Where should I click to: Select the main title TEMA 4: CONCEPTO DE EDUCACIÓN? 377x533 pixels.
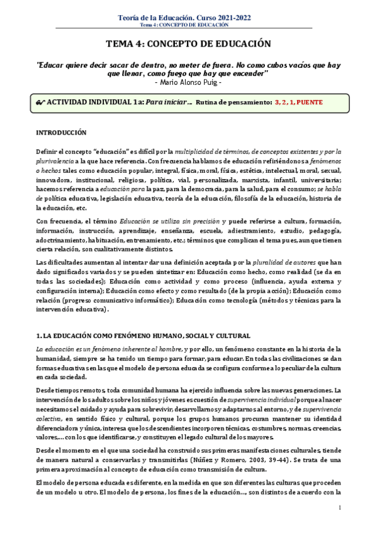tap(188, 44)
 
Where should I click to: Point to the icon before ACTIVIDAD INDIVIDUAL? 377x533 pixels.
tap(42, 101)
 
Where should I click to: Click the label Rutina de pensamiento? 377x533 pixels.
tap(234, 101)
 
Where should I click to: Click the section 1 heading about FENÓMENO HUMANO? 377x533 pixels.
tap(143, 336)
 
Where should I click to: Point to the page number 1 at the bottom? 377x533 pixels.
tap(339, 507)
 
